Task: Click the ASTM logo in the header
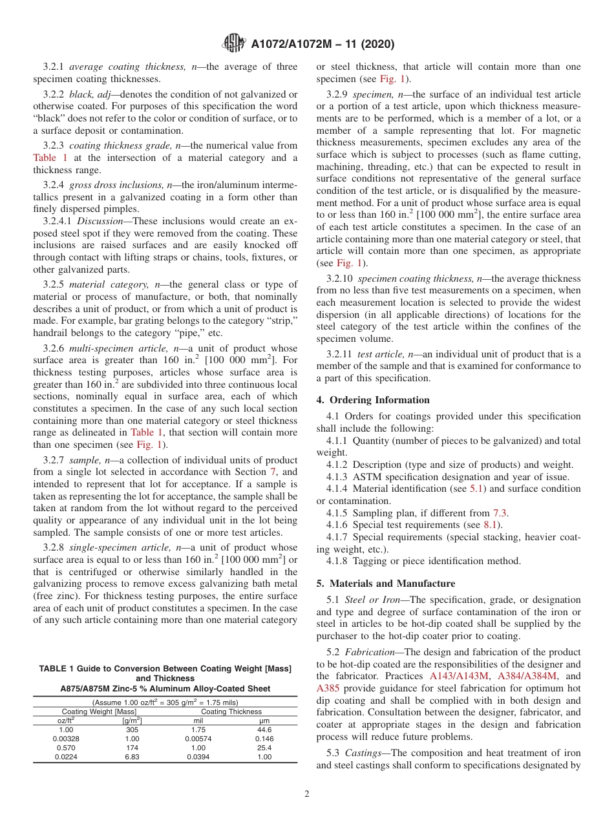(x=233, y=44)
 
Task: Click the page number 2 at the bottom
(x=307, y=794)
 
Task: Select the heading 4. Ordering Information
(x=373, y=400)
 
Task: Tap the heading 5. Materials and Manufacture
(x=386, y=584)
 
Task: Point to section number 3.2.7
(x=55, y=461)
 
